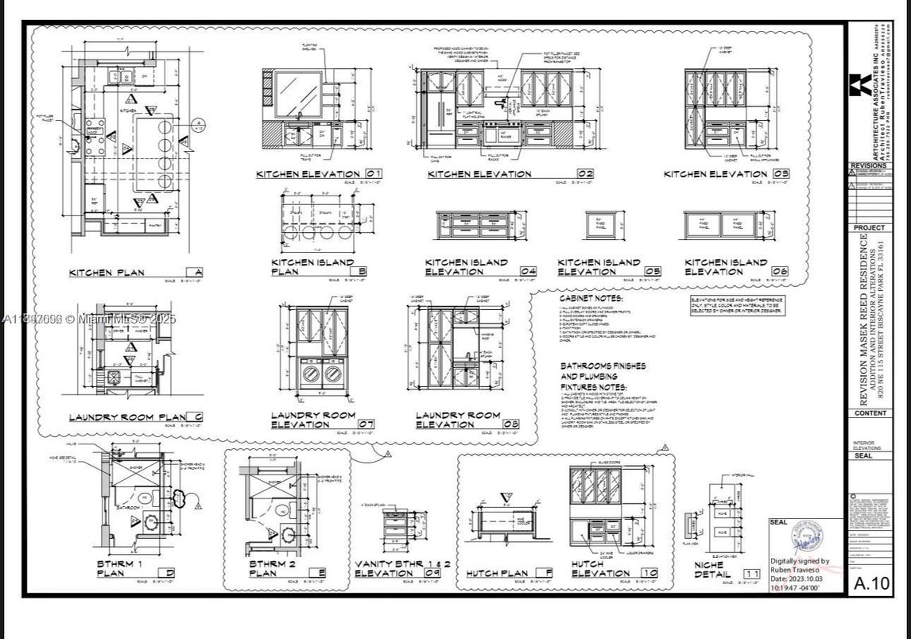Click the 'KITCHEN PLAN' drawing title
pos(107,273)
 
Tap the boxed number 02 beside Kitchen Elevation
pos(585,173)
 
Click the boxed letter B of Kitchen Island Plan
pos(362,271)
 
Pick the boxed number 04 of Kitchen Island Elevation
pos(527,271)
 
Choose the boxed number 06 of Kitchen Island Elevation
pos(779,271)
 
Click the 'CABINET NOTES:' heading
pos(591,298)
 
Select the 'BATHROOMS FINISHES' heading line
pos(603,366)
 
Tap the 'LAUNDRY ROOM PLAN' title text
pos(126,417)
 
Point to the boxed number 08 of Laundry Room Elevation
pos(510,424)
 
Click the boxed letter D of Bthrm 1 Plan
pos(169,573)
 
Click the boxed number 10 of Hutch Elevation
pos(649,573)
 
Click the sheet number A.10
pos(870,584)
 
